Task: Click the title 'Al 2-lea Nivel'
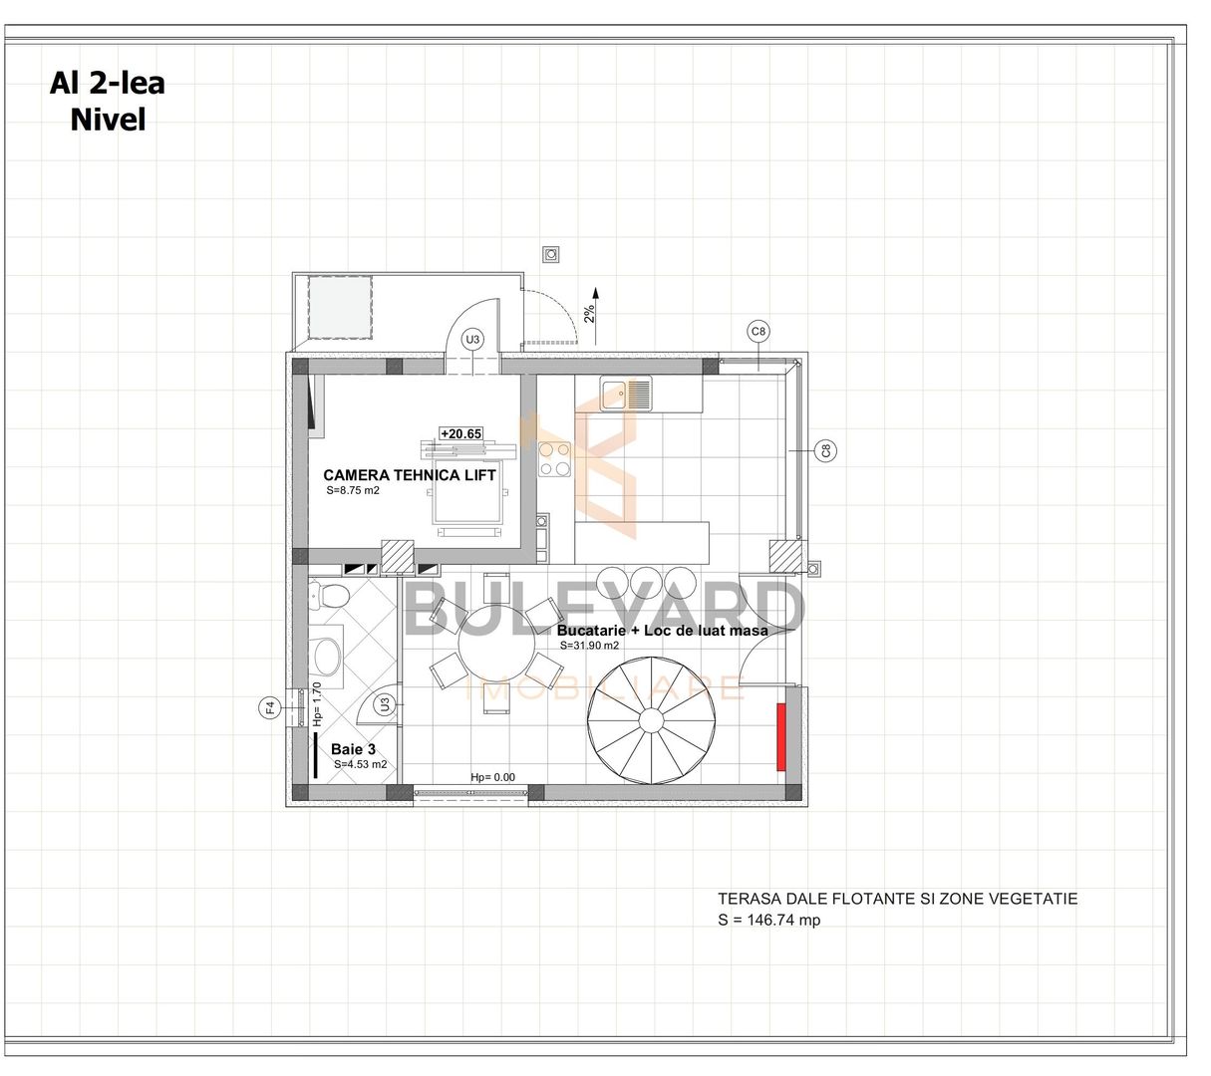click(x=107, y=101)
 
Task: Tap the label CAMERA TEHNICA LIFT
click(x=409, y=475)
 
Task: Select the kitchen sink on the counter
click(x=625, y=394)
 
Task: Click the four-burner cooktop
click(x=555, y=460)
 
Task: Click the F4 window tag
click(x=269, y=708)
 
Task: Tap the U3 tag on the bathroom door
click(x=384, y=704)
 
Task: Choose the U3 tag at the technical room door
click(x=472, y=340)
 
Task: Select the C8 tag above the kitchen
click(x=758, y=331)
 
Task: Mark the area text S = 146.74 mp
click(x=768, y=921)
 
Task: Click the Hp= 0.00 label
click(x=492, y=777)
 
